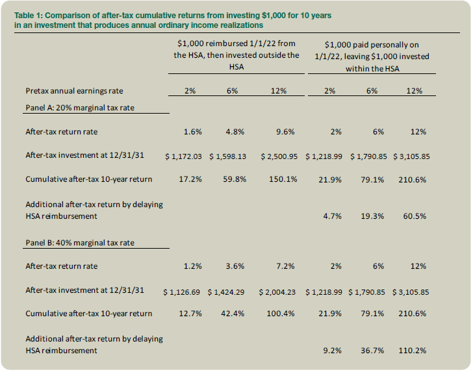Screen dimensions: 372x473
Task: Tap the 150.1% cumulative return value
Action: coord(283,179)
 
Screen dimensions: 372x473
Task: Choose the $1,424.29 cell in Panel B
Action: coord(226,292)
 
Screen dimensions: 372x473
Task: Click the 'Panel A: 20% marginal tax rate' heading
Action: coord(80,108)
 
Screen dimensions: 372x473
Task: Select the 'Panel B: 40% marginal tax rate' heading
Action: coord(80,242)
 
